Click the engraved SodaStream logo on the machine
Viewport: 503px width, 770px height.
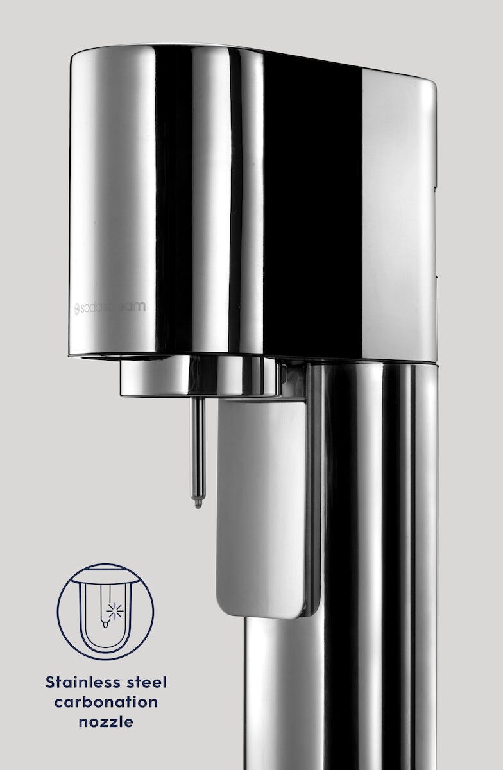pos(110,307)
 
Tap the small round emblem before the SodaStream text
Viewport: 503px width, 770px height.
pos(77,308)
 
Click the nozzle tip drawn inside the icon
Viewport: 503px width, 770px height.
pos(105,624)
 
